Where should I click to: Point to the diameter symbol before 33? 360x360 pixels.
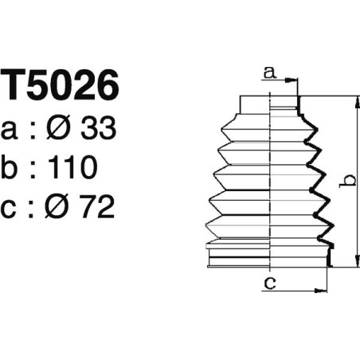pyautogui.click(x=65, y=129)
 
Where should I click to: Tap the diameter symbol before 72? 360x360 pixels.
pyautogui.click(x=65, y=206)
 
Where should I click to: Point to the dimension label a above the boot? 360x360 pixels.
pyautogui.click(x=269, y=73)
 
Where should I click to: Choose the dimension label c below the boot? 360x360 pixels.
pyautogui.click(x=269, y=280)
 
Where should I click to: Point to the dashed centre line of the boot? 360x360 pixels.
pyautogui.click(x=271, y=183)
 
